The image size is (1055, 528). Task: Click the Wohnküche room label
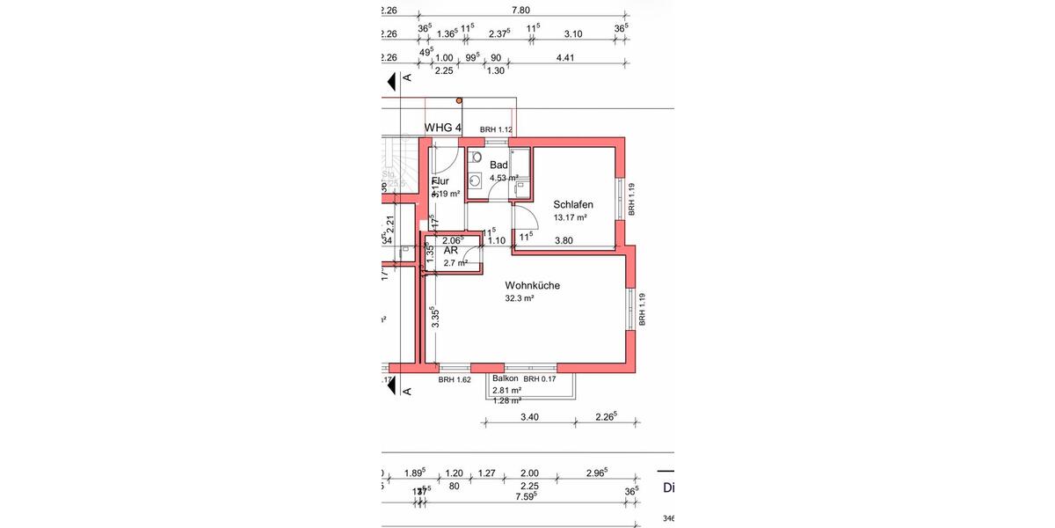point(532,285)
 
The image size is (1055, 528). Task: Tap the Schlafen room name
point(572,204)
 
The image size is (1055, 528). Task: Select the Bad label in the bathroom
point(498,165)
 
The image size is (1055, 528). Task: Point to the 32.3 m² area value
point(520,299)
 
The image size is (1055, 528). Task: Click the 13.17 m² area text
point(570,217)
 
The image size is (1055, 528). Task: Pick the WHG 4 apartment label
point(443,128)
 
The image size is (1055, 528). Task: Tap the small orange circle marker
point(459,101)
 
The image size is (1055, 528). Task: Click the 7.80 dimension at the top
point(520,11)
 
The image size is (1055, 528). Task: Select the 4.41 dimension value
point(565,58)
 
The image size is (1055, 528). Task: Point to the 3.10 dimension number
point(572,34)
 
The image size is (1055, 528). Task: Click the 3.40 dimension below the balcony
point(529,416)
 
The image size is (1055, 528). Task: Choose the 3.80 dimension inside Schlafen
point(564,240)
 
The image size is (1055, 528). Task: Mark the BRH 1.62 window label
point(455,380)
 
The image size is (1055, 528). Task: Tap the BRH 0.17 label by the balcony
point(542,379)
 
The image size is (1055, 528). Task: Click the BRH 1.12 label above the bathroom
point(496,130)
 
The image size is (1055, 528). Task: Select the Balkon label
point(506,378)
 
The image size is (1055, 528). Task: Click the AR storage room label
point(450,251)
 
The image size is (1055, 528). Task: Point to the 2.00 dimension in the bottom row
point(529,473)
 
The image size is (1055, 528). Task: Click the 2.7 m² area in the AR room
point(455,262)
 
